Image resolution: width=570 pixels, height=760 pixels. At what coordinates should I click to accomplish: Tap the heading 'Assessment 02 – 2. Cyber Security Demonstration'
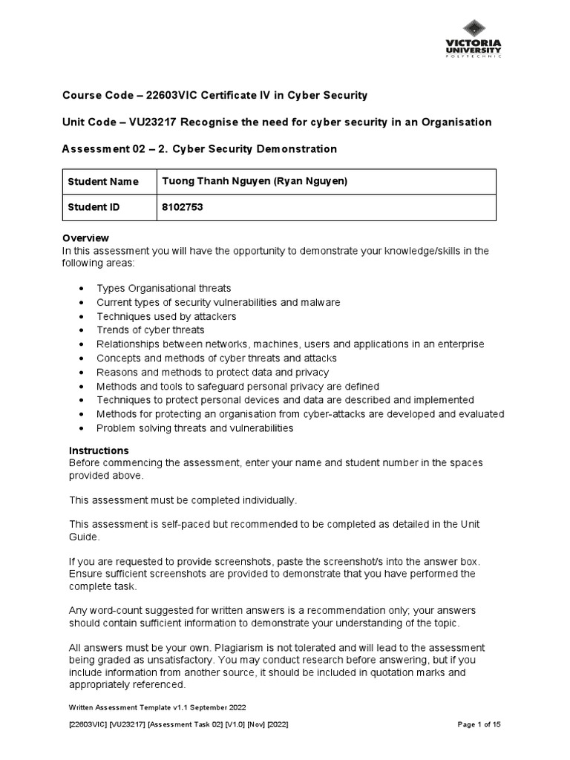coord(200,149)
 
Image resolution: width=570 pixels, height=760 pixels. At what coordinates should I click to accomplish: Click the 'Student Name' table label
coord(99,182)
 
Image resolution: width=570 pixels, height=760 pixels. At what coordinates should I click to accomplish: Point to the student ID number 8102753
coord(182,208)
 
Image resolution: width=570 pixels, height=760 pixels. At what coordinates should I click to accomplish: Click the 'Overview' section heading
coord(85,238)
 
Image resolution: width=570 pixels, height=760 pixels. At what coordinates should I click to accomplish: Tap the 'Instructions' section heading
coord(99,451)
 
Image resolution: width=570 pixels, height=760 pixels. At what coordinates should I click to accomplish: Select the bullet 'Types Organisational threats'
coord(164,288)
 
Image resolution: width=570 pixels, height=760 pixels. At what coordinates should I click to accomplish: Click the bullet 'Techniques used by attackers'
coord(166,316)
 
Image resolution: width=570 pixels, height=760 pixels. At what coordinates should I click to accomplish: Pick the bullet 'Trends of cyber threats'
coord(151,330)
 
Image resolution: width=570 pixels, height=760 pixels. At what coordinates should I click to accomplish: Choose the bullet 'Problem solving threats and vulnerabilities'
coord(194,428)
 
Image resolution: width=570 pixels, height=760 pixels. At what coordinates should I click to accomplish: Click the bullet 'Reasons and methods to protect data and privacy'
coord(212,373)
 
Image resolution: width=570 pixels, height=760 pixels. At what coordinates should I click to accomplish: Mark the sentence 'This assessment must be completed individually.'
coord(182,500)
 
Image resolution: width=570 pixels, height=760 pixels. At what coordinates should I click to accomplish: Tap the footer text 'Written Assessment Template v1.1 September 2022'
coord(157,707)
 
